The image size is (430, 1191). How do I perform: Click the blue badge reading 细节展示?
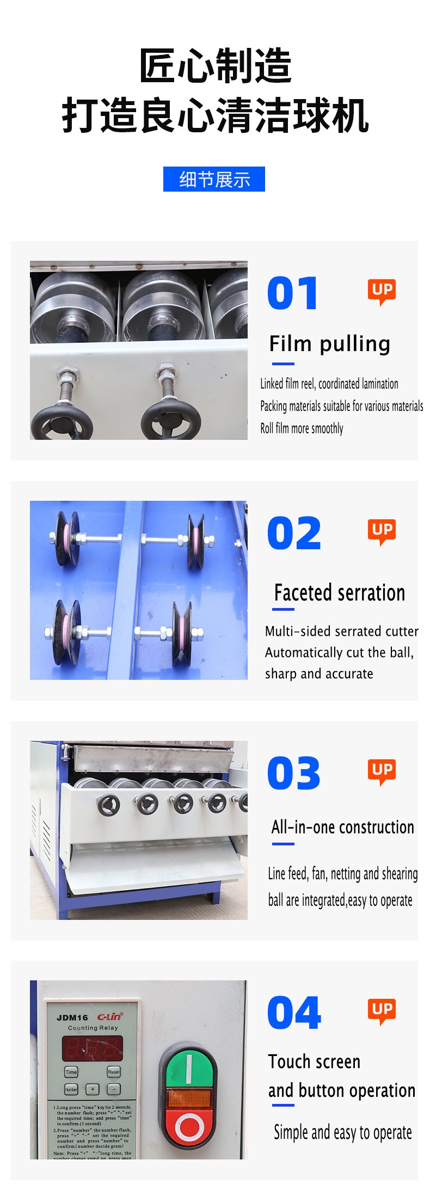click(x=214, y=179)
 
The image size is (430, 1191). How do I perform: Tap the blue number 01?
click(x=292, y=293)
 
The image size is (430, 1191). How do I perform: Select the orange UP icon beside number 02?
click(x=382, y=531)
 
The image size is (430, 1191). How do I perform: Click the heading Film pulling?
click(x=329, y=344)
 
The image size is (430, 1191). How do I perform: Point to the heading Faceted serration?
click(x=339, y=593)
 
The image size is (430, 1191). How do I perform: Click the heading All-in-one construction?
click(x=342, y=827)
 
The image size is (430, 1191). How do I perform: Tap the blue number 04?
click(x=294, y=1013)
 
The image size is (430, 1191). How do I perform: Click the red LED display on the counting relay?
click(x=92, y=1048)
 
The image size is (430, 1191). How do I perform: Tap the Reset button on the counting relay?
click(x=113, y=1072)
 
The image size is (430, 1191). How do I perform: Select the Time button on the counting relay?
click(x=71, y=1072)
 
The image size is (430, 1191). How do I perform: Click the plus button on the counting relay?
click(x=93, y=1089)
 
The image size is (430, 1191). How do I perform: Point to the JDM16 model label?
click(x=72, y=1017)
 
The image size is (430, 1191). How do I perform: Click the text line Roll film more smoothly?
click(x=302, y=428)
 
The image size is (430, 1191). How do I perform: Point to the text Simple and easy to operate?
click(x=342, y=1132)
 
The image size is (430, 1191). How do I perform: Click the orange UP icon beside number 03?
click(x=382, y=771)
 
